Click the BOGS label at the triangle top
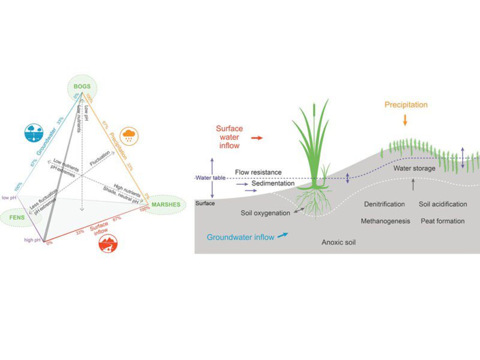[x=82, y=86]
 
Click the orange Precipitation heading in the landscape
[x=406, y=105]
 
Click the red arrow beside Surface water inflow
[x=256, y=137]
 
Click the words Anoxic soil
[x=340, y=243]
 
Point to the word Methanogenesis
[x=385, y=221]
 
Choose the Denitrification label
[x=384, y=205]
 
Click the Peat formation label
[x=443, y=221]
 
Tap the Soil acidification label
[x=443, y=205]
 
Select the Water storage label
[x=413, y=169]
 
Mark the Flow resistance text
[x=258, y=172]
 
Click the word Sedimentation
[x=273, y=184]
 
